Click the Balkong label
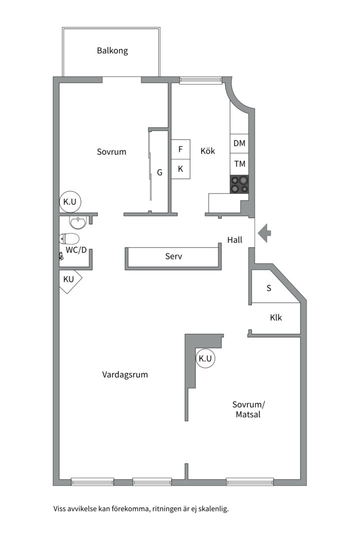[112, 50]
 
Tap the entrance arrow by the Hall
[265, 232]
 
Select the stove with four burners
[239, 184]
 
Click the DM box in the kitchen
[239, 143]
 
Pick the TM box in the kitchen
[239, 163]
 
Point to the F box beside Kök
[180, 149]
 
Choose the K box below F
[180, 169]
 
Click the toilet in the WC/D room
[69, 238]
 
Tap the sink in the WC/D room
[77, 221]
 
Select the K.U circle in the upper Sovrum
[69, 202]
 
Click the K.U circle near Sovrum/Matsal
[205, 358]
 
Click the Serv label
[173, 256]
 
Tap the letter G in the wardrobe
[159, 172]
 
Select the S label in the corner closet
[268, 288]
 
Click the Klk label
[275, 317]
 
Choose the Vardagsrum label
[125, 374]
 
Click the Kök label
[207, 150]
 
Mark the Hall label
[234, 240]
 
